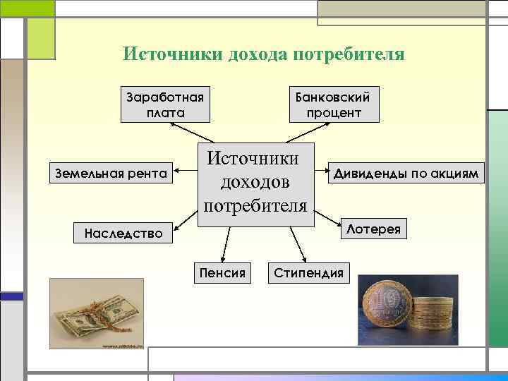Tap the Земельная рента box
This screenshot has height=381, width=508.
(111, 173)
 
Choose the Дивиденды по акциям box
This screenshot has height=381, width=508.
(407, 173)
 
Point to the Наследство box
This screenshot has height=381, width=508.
(123, 231)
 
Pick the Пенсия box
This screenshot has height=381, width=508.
(222, 272)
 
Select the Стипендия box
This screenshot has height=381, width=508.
(309, 272)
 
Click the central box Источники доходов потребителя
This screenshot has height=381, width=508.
(255, 181)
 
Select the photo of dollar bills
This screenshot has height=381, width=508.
(96, 313)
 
